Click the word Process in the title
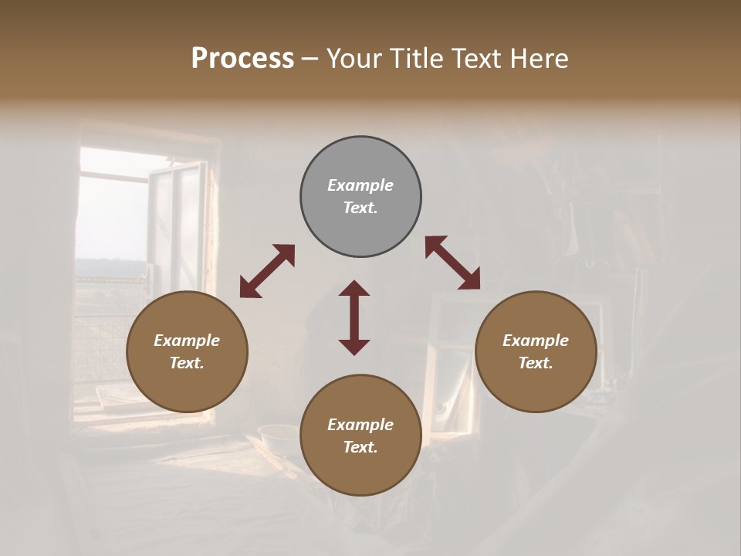coord(242,59)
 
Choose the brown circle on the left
coord(187,351)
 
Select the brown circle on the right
coord(536,351)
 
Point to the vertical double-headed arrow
coord(354,317)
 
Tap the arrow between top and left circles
coord(267,271)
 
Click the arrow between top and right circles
coord(453,263)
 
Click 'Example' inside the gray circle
coord(360,185)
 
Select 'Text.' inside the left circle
coord(187,363)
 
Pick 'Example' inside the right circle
coord(536,341)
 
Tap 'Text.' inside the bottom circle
coord(360,447)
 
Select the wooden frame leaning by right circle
coord(448,363)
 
